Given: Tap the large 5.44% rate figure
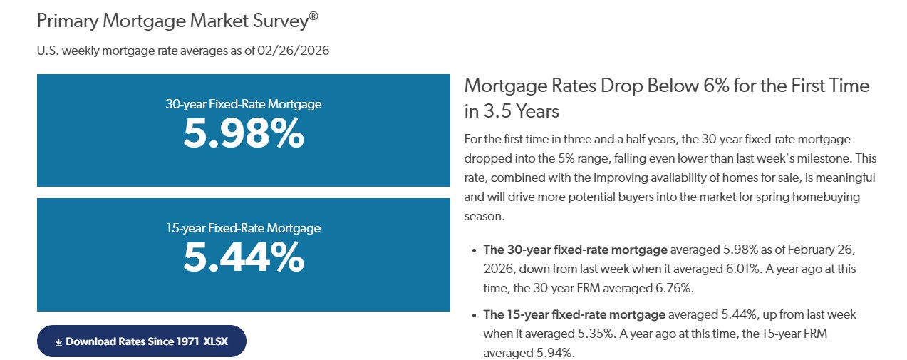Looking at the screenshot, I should tap(243, 257).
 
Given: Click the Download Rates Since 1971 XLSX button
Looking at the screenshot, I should tap(142, 341).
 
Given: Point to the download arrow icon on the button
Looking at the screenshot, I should tap(58, 342).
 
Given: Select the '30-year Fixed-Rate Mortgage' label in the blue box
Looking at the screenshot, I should tap(243, 104).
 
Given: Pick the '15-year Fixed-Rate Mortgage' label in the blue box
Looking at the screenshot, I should tap(243, 229).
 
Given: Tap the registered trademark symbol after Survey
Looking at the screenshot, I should tap(313, 15).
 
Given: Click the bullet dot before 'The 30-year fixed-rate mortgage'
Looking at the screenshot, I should tap(475, 250).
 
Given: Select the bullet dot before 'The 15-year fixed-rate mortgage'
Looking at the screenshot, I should tap(475, 314).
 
